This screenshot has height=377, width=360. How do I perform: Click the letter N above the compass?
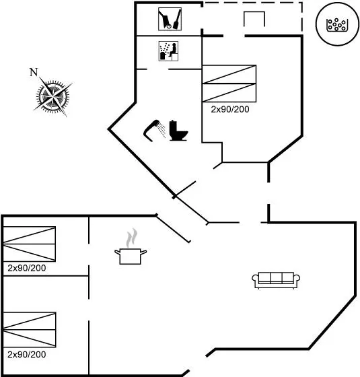point(34,72)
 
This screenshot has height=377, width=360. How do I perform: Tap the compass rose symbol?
point(53,97)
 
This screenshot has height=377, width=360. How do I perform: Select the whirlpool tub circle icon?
point(337,24)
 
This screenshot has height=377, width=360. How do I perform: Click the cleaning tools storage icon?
point(170,19)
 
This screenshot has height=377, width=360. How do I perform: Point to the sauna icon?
point(168,51)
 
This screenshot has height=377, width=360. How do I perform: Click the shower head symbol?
point(151,130)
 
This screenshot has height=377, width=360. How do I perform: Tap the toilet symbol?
point(178,131)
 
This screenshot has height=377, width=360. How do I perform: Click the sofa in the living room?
point(276,280)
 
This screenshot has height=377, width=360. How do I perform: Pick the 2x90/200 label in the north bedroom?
point(230,109)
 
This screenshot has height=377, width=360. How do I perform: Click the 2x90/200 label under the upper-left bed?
point(27,268)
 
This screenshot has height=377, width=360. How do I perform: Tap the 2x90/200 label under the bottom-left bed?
point(27,354)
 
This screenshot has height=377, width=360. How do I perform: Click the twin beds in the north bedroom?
point(229,83)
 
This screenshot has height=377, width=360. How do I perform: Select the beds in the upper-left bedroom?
point(30,244)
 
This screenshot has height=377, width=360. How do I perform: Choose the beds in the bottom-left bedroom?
point(30,330)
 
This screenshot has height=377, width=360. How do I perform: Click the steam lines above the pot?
point(132,238)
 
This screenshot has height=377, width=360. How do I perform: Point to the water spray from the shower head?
point(162,130)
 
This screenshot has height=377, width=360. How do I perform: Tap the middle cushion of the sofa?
point(276,277)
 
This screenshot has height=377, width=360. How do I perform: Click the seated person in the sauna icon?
point(172,50)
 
